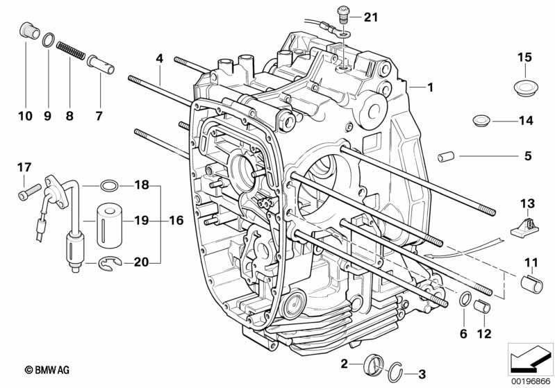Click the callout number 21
coord(372,17)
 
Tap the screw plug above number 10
coord(26,31)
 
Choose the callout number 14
coord(526,121)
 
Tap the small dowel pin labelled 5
coord(445,156)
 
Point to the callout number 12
coord(484,334)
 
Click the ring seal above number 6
coord(463,300)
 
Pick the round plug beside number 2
coord(373,364)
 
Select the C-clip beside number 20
coord(109,262)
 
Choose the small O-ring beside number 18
coord(108,186)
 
